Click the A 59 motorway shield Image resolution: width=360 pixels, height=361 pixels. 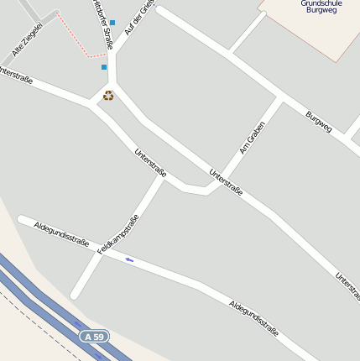[95, 337]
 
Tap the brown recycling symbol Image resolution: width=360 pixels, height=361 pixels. [108, 96]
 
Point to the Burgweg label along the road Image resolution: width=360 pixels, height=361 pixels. [319, 122]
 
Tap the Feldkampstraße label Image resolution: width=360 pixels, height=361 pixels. [117, 234]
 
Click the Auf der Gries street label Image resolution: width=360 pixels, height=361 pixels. [139, 17]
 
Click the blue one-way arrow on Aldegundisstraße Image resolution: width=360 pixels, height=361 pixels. [129, 259]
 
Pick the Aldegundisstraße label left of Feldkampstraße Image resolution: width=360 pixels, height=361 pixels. [61, 233]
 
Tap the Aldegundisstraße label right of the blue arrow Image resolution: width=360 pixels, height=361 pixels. [253, 318]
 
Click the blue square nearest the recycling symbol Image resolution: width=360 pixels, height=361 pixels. [104, 66]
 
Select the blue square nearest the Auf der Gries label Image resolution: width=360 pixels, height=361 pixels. [112, 23]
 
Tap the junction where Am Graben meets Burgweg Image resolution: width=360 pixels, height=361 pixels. [282, 98]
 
